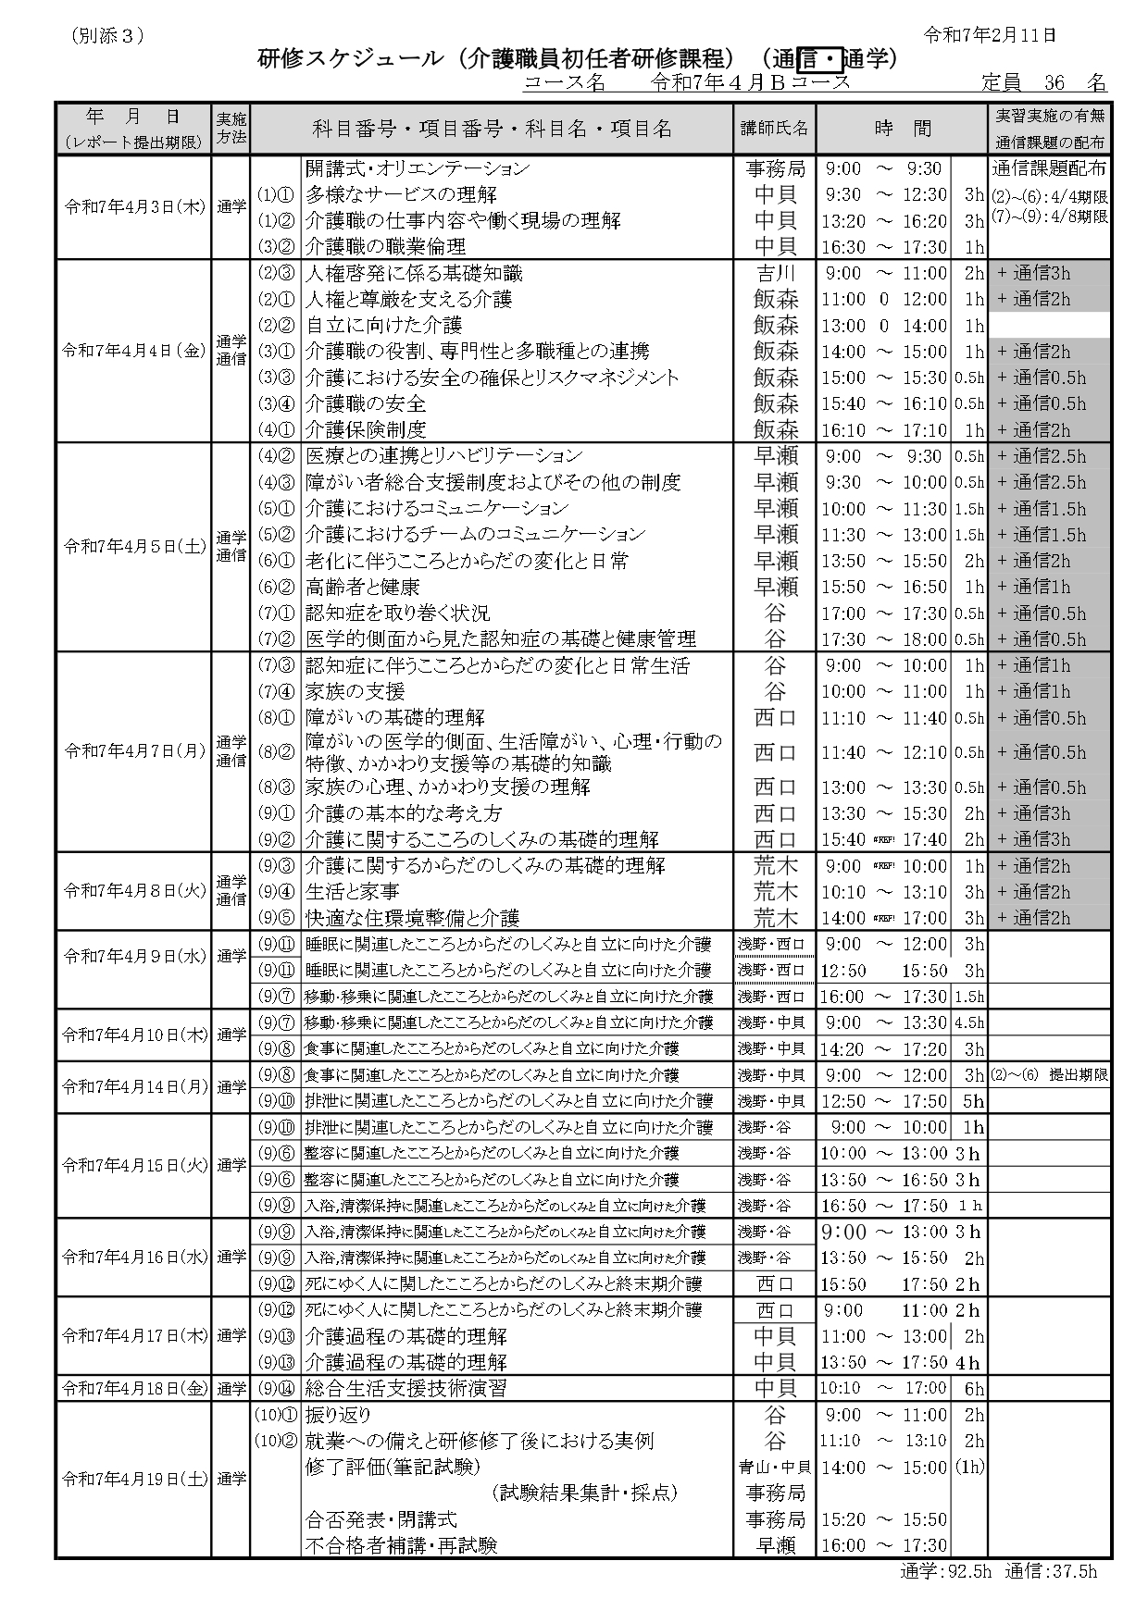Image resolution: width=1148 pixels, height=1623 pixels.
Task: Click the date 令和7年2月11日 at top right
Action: click(x=990, y=35)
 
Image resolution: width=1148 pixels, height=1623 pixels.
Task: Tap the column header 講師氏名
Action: click(x=774, y=129)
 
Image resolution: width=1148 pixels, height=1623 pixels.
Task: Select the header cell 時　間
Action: click(x=903, y=129)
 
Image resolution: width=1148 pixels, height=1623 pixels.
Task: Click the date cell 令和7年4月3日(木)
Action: click(x=135, y=207)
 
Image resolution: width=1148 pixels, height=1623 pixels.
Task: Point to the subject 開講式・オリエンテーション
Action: click(x=418, y=168)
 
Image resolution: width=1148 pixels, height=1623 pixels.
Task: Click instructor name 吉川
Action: click(x=776, y=273)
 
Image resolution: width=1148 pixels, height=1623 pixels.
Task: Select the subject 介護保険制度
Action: click(x=366, y=429)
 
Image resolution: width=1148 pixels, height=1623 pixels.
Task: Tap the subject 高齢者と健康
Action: click(x=363, y=587)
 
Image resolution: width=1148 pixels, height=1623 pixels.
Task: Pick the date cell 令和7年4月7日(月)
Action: click(x=135, y=750)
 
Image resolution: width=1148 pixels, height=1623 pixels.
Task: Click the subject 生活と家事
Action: click(x=353, y=891)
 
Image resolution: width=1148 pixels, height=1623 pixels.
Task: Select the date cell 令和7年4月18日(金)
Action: click(x=135, y=1388)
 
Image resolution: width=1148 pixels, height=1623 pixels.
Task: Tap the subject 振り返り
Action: click(x=338, y=1415)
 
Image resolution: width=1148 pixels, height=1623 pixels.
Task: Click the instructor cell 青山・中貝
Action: click(x=775, y=1467)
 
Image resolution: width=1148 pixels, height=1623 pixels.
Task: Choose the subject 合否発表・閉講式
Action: click(x=381, y=1519)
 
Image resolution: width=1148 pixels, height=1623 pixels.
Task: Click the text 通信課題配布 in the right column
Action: click(x=1049, y=168)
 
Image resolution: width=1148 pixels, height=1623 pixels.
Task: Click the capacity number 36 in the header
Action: click(x=1054, y=82)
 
